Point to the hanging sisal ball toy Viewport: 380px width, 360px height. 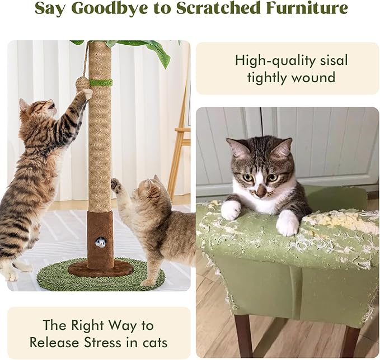click(82, 83)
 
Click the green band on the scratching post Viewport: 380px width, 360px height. click(101, 83)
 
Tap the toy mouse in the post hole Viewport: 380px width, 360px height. click(101, 242)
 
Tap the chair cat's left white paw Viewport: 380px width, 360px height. click(230, 210)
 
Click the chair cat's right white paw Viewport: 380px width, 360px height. click(288, 222)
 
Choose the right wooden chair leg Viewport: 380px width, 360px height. click(350, 341)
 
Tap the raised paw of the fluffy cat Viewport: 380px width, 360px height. click(116, 185)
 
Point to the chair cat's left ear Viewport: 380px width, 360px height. click(240, 148)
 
